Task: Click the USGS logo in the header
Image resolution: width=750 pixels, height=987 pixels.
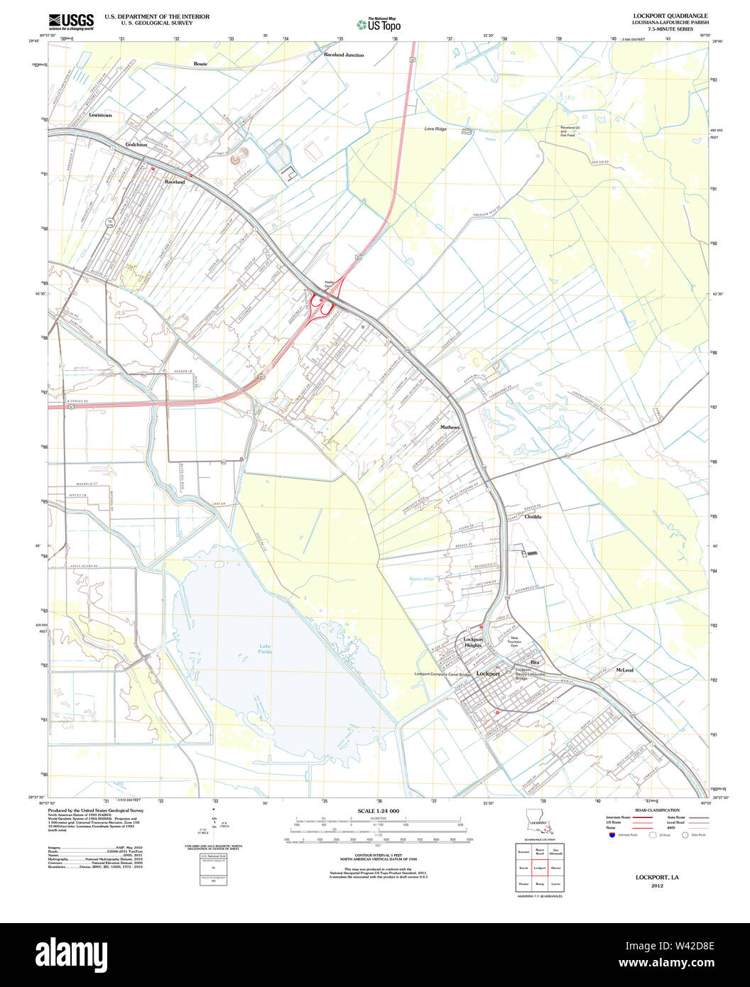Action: (x=71, y=20)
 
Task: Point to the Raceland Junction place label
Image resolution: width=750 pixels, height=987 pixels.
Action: (x=344, y=55)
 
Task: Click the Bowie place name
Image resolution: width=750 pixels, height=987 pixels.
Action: (x=200, y=64)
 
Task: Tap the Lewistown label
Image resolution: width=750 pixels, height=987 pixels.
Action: (x=100, y=115)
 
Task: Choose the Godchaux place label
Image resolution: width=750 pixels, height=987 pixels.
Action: (x=136, y=144)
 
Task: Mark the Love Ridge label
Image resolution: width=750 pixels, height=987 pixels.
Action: (x=435, y=129)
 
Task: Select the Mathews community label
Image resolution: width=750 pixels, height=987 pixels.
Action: (x=450, y=427)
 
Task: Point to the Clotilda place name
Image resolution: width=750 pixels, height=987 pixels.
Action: (x=533, y=517)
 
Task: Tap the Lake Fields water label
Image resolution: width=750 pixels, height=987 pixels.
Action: (x=264, y=648)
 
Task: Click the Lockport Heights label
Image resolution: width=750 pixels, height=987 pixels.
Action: (x=473, y=642)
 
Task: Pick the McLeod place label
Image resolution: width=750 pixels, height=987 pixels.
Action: (x=625, y=670)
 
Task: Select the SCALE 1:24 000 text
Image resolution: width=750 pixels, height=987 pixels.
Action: (x=378, y=811)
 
